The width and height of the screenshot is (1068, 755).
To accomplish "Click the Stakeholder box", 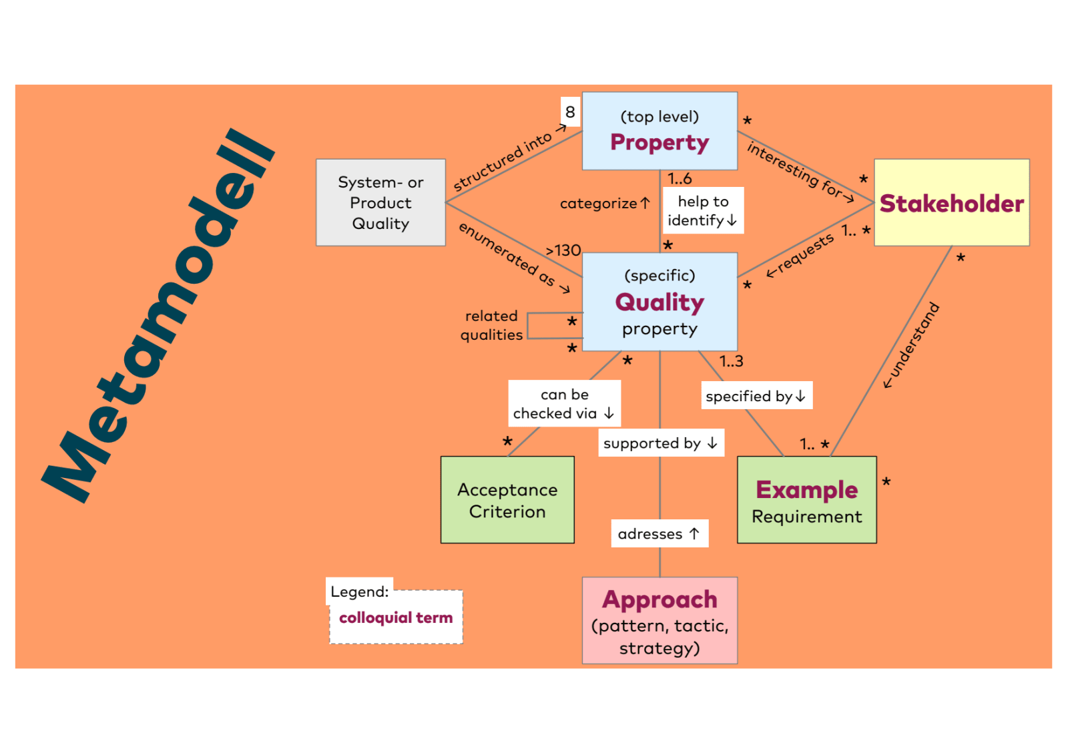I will click(x=951, y=203).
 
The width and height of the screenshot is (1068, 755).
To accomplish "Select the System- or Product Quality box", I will click(x=380, y=203).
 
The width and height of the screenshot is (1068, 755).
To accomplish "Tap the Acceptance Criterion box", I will click(x=507, y=500).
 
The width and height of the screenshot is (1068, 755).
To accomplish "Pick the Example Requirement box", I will click(x=806, y=500).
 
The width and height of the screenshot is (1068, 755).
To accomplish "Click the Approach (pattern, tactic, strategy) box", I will click(x=659, y=621).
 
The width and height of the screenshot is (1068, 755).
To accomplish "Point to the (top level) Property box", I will click(x=659, y=131).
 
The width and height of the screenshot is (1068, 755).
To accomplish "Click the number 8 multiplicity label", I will click(x=570, y=111).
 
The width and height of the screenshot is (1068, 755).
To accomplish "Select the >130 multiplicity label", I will click(x=563, y=250).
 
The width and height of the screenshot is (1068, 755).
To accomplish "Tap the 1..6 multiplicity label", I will click(x=680, y=179).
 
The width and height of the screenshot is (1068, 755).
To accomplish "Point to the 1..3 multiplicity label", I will click(x=731, y=361).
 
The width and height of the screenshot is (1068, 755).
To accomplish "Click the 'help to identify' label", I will click(x=702, y=211).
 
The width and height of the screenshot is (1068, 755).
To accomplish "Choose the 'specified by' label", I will click(x=756, y=397).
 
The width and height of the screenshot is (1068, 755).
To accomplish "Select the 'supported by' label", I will click(x=659, y=443).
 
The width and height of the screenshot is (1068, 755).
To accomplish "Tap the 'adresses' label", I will click(x=659, y=534).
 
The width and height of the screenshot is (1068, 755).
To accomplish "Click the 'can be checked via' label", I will click(x=564, y=404).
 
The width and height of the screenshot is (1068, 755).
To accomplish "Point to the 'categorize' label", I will click(x=604, y=204).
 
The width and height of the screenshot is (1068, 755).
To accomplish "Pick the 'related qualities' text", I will click(x=492, y=325).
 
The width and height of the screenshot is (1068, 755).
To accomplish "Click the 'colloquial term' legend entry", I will click(x=396, y=618).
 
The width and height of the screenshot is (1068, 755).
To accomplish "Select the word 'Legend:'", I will click(x=359, y=591).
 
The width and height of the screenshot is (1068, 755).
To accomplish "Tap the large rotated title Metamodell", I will click(x=160, y=314).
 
